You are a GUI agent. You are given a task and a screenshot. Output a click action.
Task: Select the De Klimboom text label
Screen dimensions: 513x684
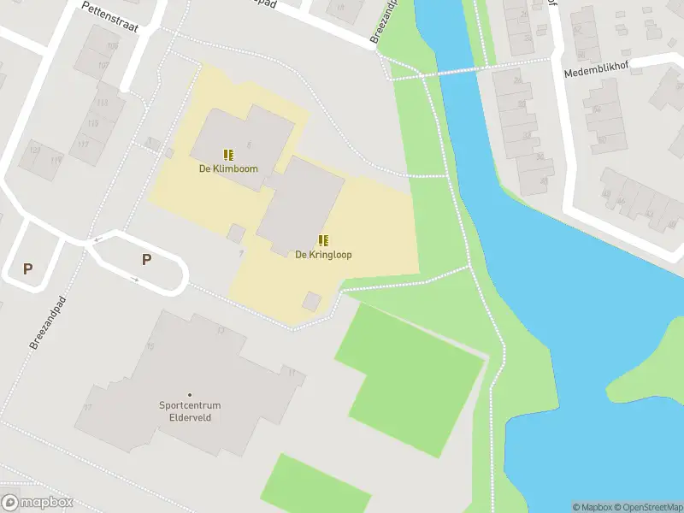[x=228, y=169]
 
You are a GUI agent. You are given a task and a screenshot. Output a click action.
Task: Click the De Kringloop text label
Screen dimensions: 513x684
[x=323, y=255]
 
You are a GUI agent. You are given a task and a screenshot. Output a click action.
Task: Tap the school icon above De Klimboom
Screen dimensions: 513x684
[x=228, y=155]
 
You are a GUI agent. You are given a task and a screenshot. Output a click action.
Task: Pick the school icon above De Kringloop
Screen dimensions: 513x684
[x=323, y=240]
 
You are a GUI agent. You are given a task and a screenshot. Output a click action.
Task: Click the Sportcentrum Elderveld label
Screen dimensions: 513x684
[x=190, y=411]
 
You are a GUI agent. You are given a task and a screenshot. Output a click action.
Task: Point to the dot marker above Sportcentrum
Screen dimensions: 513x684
[x=190, y=394]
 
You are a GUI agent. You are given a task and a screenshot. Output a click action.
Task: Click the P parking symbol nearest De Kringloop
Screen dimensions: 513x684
[x=146, y=260]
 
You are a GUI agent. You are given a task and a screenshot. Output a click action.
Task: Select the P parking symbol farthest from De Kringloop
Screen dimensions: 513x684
[x=27, y=268]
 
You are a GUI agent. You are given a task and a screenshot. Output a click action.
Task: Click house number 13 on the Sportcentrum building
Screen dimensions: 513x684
[x=221, y=330]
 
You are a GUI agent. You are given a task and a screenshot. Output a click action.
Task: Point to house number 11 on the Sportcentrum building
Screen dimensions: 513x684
[x=292, y=373]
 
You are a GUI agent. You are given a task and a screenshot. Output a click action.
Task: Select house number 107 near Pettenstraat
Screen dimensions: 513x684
[x=103, y=66]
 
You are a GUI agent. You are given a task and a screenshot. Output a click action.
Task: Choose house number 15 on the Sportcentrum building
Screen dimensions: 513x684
[x=150, y=346]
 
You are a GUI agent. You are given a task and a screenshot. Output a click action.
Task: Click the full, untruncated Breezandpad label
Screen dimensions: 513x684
[x=48, y=322]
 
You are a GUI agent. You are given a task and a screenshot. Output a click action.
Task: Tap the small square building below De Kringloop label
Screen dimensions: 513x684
[x=312, y=301]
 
